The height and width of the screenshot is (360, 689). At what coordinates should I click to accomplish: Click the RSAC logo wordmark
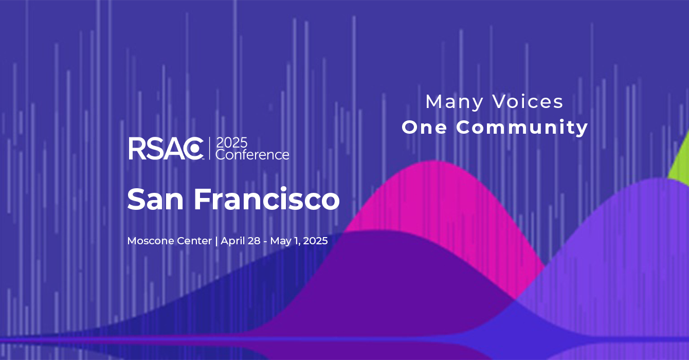click(166, 149)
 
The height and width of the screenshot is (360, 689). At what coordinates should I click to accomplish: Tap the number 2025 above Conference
click(231, 143)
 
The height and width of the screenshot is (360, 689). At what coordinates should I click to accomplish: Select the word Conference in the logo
click(252, 154)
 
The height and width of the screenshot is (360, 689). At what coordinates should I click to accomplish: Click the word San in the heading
click(155, 199)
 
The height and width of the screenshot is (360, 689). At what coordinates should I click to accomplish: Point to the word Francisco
click(267, 199)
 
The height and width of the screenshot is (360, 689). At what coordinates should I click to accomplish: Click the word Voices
click(528, 101)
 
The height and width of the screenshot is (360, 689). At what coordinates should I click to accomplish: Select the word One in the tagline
click(424, 128)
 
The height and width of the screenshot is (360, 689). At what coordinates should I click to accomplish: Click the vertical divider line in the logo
click(209, 149)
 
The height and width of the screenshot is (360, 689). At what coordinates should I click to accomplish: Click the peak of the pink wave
click(434, 161)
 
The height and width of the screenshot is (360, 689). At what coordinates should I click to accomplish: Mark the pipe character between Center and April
click(216, 241)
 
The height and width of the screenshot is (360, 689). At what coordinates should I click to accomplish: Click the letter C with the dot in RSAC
click(194, 149)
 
